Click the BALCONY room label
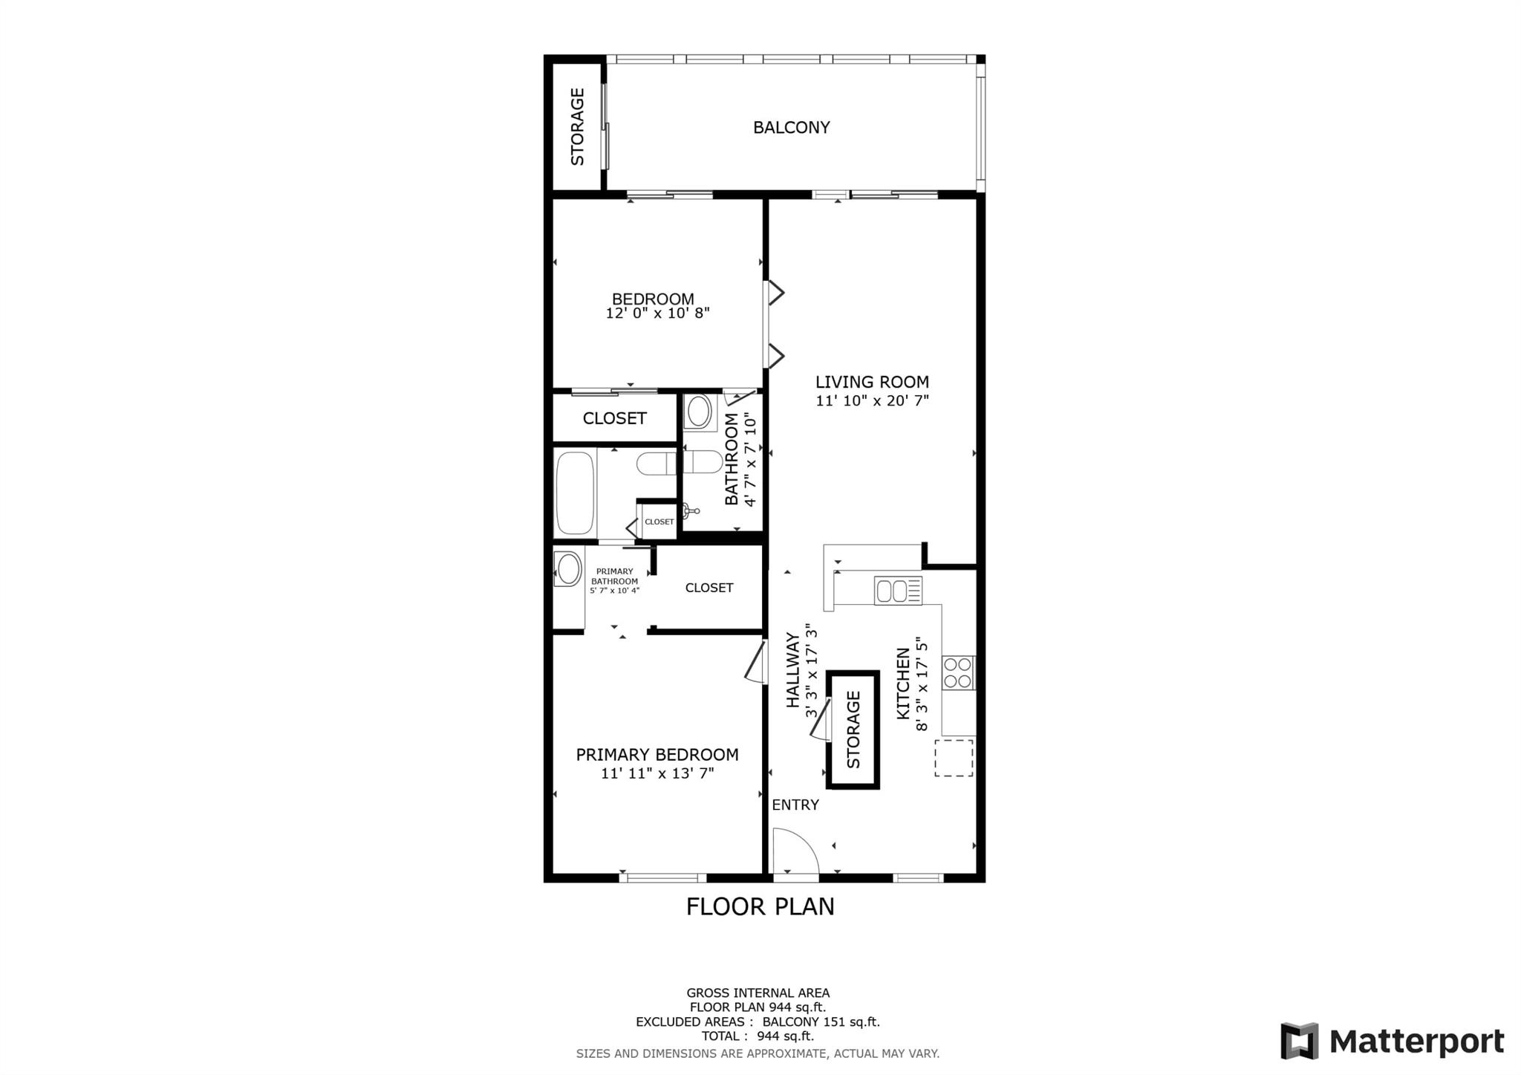791,127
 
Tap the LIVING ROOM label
872,382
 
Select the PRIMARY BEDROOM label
657,755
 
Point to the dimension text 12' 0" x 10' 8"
657,314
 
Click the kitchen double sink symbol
898,591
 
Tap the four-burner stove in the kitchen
958,673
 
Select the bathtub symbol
576,493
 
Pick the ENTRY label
795,805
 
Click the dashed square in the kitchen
954,758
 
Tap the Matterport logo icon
1299,1041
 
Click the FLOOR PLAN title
760,907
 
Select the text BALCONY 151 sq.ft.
821,1022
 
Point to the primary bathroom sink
569,569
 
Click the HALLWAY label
792,669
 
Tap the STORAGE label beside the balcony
577,126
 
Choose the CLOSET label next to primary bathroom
709,588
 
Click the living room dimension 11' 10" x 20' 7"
872,401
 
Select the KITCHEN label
903,683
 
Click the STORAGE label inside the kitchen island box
853,730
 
